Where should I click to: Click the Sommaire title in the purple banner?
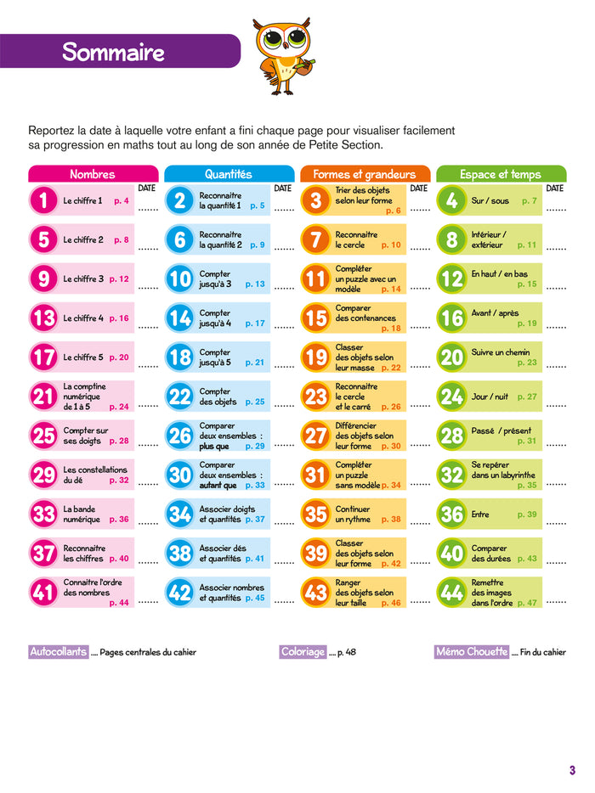[x=113, y=52]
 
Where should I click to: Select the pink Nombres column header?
[x=92, y=174]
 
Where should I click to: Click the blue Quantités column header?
[x=228, y=174]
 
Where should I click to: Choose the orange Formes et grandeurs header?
[x=365, y=174]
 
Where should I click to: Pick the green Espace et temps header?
[x=501, y=174]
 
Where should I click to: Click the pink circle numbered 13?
[x=42, y=318]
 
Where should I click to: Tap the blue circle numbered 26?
[x=179, y=436]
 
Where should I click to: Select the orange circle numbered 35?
[x=315, y=514]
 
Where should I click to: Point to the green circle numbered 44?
[x=452, y=593]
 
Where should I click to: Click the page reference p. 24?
[x=119, y=407]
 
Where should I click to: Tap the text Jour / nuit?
[x=491, y=396]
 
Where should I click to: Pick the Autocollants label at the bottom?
[x=58, y=652]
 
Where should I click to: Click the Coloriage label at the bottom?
[x=303, y=652]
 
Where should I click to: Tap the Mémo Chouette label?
[x=471, y=652]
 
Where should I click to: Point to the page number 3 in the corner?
[x=572, y=770]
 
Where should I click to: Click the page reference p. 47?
[x=527, y=603]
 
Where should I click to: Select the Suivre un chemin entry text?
[x=500, y=352]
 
